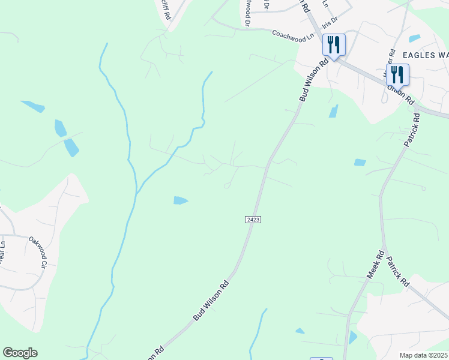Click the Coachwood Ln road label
point(293,35)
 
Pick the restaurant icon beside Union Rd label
point(397,74)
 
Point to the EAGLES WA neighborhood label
point(425,55)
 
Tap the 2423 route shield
point(253,220)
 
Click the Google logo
point(20,353)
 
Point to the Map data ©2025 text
point(424,355)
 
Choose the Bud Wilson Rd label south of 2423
point(210,301)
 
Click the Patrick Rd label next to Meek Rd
point(397,272)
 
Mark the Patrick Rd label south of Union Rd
point(411,131)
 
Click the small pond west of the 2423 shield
point(180,200)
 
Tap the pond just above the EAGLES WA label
point(414,38)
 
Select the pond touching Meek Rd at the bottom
point(352,337)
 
